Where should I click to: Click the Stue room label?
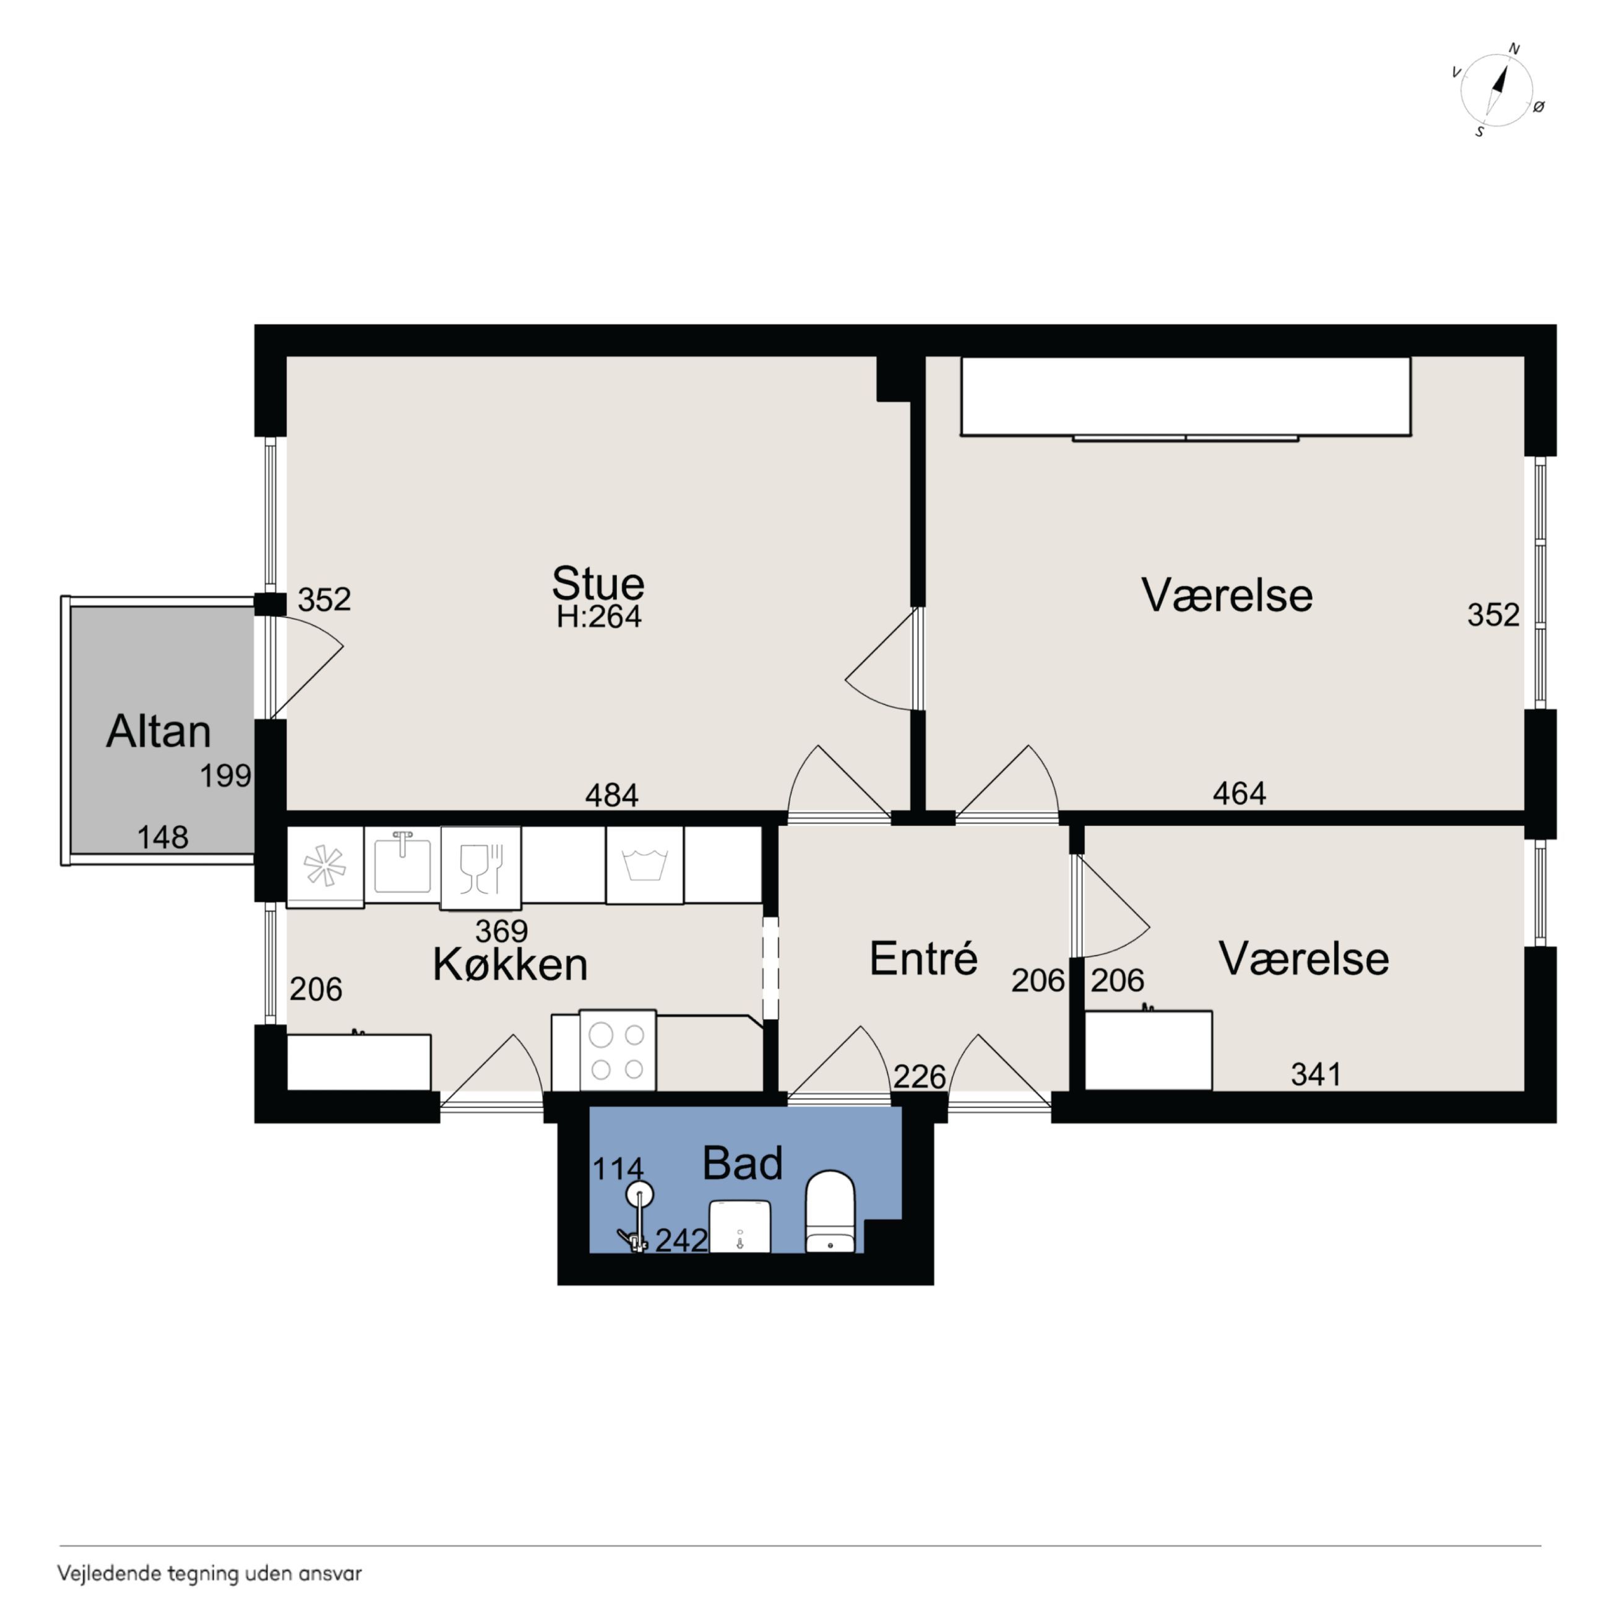pos(598,583)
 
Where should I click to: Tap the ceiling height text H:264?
pos(599,617)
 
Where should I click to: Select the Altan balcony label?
pos(158,731)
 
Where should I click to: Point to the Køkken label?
pos(511,964)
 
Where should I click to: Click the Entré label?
pos(923,959)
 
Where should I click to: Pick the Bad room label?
pos(742,1163)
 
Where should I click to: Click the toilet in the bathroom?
pos(830,1212)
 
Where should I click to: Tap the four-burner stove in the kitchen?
pos(617,1050)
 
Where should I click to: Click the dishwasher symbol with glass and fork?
pos(481,867)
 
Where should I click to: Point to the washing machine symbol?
pos(645,865)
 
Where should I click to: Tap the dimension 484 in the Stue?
pos(611,795)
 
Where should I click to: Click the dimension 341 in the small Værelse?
pos(1316,1074)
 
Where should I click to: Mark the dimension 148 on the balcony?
pos(162,837)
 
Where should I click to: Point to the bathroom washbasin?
pos(740,1226)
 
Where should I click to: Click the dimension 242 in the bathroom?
pos(681,1241)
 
